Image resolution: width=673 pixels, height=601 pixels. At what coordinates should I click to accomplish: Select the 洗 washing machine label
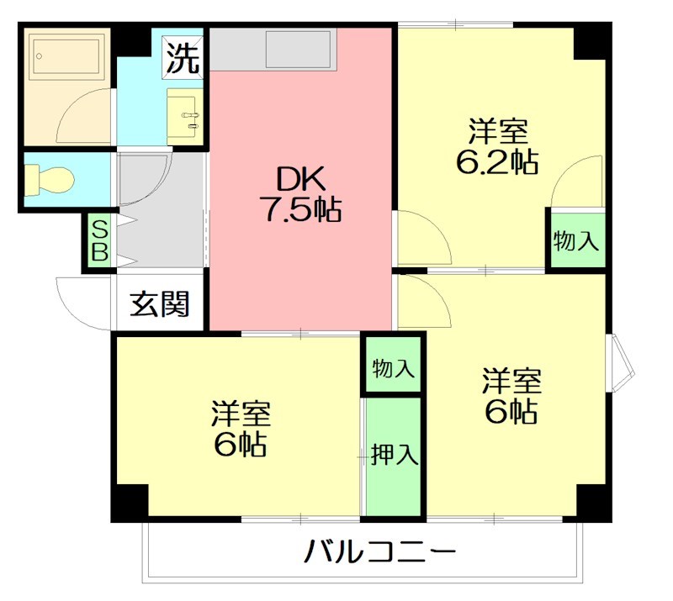pos(183,56)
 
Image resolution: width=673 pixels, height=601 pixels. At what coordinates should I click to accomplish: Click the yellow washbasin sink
pos(184,115)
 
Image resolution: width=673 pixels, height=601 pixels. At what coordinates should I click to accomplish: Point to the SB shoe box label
pos(99,241)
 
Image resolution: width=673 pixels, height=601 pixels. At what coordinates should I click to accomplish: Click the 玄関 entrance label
pos(159,304)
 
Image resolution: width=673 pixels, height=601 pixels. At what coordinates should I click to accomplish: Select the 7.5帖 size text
pos(299,210)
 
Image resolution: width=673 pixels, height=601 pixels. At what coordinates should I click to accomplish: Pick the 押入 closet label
pos(395,455)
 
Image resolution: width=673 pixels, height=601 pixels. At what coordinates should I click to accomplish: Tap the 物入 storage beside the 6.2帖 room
pos(576,241)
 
